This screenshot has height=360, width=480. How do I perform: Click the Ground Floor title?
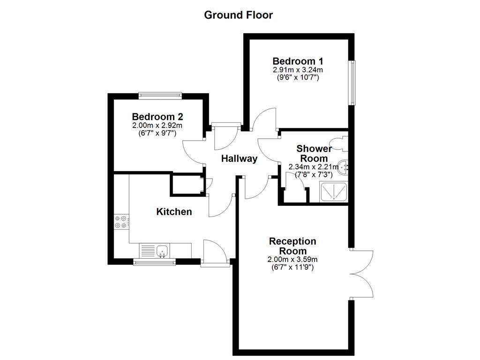coord(238,15)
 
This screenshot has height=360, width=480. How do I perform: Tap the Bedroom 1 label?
coord(298,61)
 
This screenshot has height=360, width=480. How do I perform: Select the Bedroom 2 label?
coord(157,116)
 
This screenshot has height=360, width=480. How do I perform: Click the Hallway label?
coord(239,158)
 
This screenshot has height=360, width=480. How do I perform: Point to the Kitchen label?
coord(174,212)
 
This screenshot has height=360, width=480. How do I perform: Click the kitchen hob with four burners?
coord(122,222)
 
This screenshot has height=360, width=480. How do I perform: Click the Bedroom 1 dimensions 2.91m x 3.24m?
coord(298,70)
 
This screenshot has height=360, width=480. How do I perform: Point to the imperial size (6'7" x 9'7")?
coord(157,133)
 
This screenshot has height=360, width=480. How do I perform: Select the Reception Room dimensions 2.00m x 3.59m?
coord(292,259)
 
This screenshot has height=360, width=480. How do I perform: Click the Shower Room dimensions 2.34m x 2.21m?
coord(314,167)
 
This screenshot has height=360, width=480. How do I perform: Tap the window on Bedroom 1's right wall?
coord(352,82)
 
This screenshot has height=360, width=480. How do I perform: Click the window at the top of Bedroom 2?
coord(160,96)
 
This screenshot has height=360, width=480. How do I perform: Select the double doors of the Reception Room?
coord(362,273)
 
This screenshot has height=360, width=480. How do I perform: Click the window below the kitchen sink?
coord(155,262)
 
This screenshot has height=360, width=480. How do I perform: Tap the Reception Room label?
coord(292,246)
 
